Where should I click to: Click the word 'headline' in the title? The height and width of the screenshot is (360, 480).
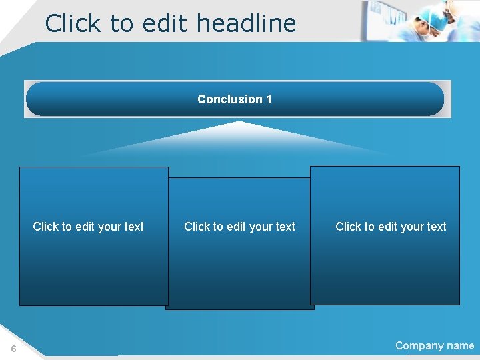point(246,23)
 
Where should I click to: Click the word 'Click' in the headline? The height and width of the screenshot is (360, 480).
point(71,23)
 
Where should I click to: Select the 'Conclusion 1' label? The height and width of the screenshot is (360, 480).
point(234,99)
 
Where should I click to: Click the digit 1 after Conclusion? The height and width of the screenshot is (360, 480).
point(269,99)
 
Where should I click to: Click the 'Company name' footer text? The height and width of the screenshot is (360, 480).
point(435,345)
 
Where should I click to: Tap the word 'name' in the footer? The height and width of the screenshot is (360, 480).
point(460,345)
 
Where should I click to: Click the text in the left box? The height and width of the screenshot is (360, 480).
point(88,227)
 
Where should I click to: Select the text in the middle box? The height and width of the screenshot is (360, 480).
point(239,227)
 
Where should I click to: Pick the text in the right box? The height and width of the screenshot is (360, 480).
point(391,227)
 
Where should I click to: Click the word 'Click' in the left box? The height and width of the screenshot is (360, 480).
point(46,227)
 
